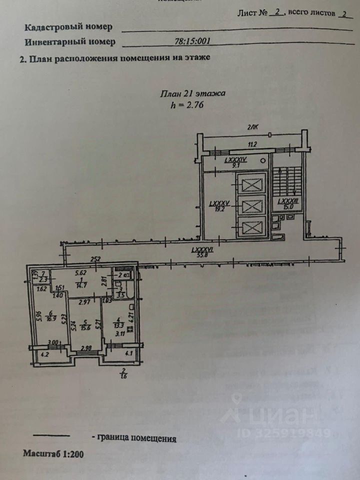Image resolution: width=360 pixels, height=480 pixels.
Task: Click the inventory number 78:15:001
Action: point(190,43)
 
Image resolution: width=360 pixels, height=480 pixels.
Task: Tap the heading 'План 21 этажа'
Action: point(192,93)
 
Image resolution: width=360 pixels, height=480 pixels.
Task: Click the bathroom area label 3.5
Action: point(120,295)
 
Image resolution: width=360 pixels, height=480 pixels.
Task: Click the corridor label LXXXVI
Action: point(202,251)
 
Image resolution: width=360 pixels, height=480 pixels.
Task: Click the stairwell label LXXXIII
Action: point(288,204)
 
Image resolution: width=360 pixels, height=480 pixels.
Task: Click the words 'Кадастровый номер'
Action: point(68,27)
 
